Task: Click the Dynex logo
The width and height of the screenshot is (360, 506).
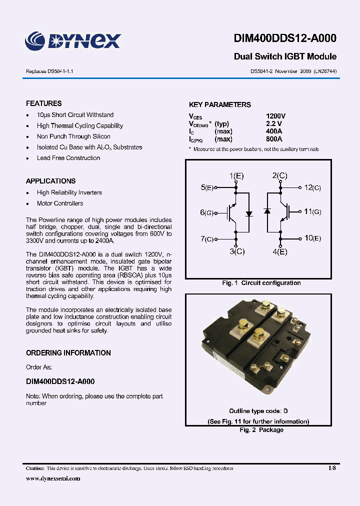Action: [73, 40]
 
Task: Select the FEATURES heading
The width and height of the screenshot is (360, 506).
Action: [44, 103]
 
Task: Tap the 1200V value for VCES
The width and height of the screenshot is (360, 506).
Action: [275, 116]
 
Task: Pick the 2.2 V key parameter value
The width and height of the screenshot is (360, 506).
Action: [273, 123]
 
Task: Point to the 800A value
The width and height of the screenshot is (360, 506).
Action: [274, 139]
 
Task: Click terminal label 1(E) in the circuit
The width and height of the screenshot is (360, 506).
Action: [236, 175]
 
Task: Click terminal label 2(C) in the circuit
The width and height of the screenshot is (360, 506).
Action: [279, 175]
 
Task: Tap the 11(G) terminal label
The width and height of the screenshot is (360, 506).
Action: [312, 212]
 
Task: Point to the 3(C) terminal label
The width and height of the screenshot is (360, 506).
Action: [237, 251]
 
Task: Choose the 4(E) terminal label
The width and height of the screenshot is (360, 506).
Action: [280, 251]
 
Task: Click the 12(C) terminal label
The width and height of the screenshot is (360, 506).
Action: [312, 187]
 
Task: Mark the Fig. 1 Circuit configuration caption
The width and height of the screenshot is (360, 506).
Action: [261, 283]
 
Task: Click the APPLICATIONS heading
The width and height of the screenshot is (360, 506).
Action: [50, 181]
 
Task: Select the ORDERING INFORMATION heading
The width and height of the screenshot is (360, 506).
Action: [68, 353]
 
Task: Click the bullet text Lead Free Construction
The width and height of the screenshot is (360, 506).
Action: [68, 158]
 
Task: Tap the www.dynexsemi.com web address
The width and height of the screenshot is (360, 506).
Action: [53, 478]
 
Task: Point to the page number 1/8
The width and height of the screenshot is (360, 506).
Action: [332, 468]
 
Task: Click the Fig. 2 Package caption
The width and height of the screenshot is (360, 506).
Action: [261, 430]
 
